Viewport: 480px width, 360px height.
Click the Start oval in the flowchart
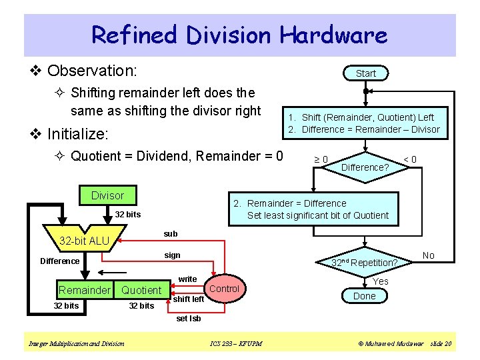pyautogui.click(x=365, y=73)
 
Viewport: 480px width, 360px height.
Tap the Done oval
pyautogui.click(x=364, y=296)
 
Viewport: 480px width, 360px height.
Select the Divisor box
pyautogui.click(x=107, y=195)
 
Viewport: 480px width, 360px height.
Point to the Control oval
pyautogui.click(x=224, y=289)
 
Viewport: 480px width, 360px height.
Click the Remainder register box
pyautogui.click(x=84, y=290)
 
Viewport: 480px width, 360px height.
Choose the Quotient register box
pyautogui.click(x=141, y=290)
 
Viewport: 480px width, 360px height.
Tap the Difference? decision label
pyautogui.click(x=365, y=167)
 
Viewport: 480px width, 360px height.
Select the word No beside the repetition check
pyautogui.click(x=429, y=255)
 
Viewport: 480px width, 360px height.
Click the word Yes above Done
pyautogui.click(x=380, y=281)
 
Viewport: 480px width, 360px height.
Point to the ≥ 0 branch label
pyautogui.click(x=321, y=159)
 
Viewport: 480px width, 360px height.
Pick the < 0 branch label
pyautogui.click(x=411, y=159)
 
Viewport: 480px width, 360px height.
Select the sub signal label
pyautogui.click(x=171, y=233)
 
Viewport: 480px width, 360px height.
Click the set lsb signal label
pyautogui.click(x=189, y=318)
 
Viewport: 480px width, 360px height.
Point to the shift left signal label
pyautogui.click(x=188, y=299)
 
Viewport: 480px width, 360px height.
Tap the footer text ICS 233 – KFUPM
pyautogui.click(x=235, y=343)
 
